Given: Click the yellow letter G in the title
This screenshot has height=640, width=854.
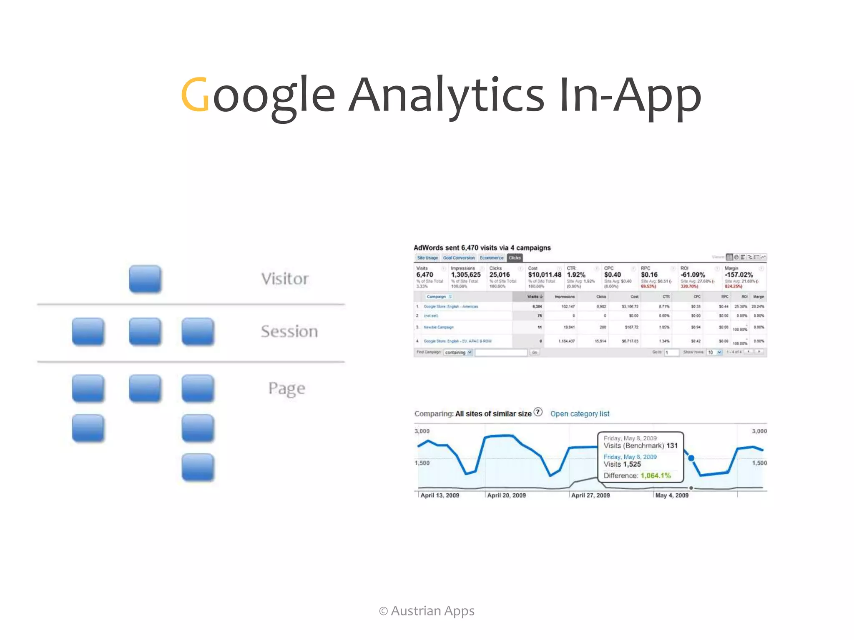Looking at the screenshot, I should [x=195, y=95].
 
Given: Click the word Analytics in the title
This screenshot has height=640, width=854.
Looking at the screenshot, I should [x=446, y=95].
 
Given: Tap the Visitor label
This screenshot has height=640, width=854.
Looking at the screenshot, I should [x=285, y=279].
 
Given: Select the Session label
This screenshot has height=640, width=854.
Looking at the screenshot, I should [x=289, y=332].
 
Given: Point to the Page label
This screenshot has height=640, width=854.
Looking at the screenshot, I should [x=287, y=389].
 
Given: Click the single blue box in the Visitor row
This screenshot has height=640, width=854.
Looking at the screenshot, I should [x=145, y=279].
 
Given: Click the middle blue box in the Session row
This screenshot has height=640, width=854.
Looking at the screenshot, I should [x=145, y=332].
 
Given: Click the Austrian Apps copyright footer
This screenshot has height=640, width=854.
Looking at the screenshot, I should [x=427, y=611].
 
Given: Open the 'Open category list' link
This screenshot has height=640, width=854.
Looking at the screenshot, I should [x=580, y=414].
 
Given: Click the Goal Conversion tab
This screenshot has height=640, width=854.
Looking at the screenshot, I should [x=459, y=258].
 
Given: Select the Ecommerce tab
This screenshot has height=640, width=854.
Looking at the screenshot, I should [x=491, y=258].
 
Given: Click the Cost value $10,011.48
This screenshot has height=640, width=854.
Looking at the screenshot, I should [x=545, y=275].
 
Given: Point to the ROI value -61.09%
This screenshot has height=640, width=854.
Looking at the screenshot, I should [x=693, y=275].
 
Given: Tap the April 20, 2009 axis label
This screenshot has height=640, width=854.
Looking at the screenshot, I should [x=506, y=495].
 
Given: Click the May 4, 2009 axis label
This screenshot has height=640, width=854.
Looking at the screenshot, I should [x=672, y=495].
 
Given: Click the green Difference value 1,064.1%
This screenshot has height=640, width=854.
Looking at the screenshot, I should [x=656, y=476].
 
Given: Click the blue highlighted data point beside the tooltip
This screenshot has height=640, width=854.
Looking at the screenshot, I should [x=691, y=458].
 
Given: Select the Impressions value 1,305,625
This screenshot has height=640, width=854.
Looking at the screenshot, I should [x=466, y=275].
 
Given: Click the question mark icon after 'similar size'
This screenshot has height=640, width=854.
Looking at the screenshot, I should [x=538, y=412].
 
